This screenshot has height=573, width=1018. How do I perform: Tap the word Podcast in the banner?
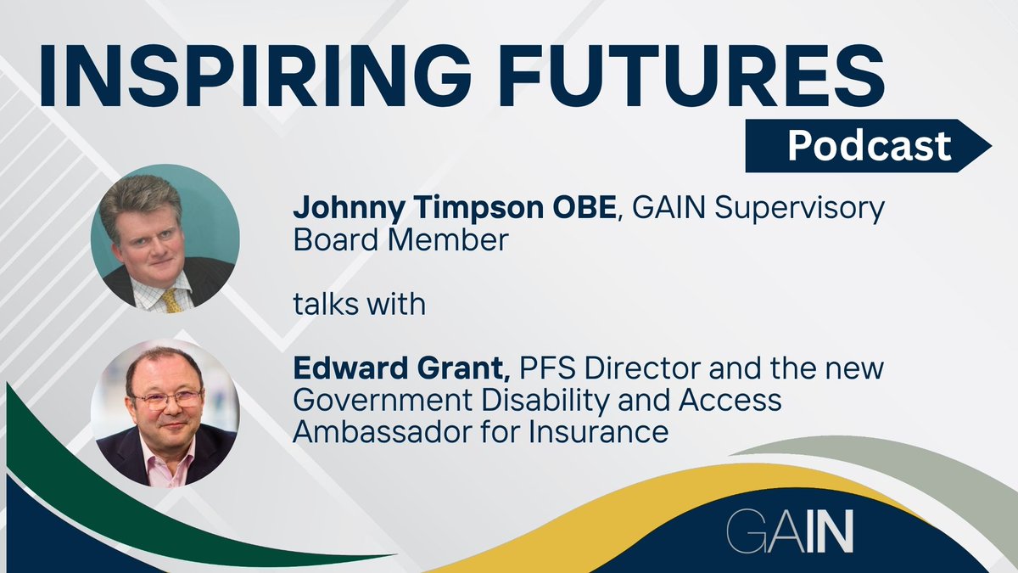coord(869,146)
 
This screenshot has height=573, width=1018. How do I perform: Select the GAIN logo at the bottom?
coord(790,532)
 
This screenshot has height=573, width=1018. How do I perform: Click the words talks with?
coord(359,304)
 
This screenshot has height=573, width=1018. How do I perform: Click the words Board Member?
coord(400,240)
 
